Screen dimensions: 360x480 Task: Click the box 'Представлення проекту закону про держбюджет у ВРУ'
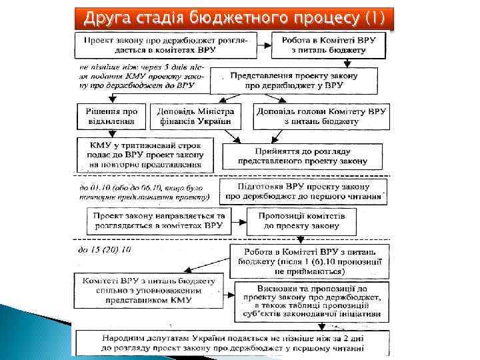(x=303, y=81)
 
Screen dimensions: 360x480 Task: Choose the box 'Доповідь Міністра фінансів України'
(x=195, y=116)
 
